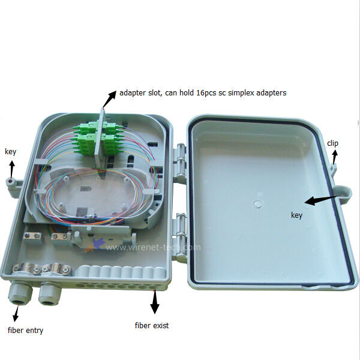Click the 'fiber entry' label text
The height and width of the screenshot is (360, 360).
[25, 331]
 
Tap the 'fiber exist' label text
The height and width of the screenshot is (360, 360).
[152, 326]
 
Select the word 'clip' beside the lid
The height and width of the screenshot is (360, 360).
[332, 143]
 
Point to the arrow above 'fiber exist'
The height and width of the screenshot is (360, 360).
[155, 302]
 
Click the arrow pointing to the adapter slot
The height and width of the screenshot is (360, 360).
[110, 99]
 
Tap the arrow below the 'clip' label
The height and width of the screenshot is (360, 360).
[335, 157]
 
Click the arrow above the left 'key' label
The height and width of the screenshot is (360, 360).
[12, 169]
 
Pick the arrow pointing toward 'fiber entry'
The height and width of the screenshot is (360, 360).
[16, 313]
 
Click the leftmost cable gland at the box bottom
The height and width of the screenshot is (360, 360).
[19, 293]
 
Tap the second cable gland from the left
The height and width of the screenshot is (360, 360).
[50, 295]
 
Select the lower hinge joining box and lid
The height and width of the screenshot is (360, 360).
[180, 234]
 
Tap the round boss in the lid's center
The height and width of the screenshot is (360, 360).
[258, 203]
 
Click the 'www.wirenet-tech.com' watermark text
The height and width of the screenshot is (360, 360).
[153, 247]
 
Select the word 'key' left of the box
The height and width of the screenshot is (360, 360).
[11, 152]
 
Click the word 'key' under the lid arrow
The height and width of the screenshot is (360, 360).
[296, 215]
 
